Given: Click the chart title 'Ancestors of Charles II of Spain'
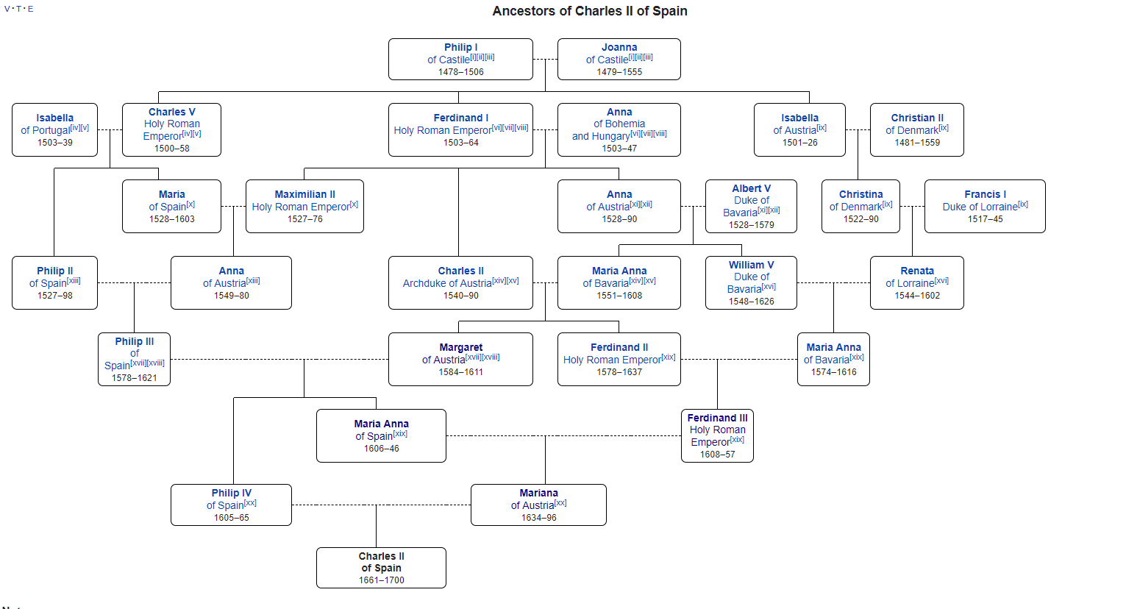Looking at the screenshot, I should (x=590, y=11).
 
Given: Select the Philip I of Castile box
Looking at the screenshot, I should (x=460, y=59).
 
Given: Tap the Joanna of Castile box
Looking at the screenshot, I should (x=619, y=59).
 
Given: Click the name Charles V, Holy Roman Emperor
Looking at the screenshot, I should (x=171, y=113).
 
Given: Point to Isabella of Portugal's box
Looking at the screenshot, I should (x=54, y=129).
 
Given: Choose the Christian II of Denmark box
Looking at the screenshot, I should (x=916, y=129).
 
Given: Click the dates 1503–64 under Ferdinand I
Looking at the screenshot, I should (x=460, y=143).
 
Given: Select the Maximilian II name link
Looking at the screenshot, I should (x=304, y=194).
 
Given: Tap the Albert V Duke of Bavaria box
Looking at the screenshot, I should (x=751, y=206).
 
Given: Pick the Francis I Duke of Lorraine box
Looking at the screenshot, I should (x=985, y=206).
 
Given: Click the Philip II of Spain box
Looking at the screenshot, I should (x=54, y=282).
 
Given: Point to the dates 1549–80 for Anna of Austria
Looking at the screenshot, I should (x=231, y=296).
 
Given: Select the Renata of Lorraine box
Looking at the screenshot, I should (x=916, y=282).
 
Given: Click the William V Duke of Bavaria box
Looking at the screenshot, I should (x=751, y=282).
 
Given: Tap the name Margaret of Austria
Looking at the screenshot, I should (x=460, y=347).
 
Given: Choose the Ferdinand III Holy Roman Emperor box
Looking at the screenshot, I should (x=717, y=435).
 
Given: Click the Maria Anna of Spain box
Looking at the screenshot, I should (x=381, y=435).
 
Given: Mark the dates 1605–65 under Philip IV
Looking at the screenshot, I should (x=231, y=518).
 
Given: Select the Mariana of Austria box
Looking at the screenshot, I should (x=538, y=505).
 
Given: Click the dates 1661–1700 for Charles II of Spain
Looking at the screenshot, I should (x=381, y=580).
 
